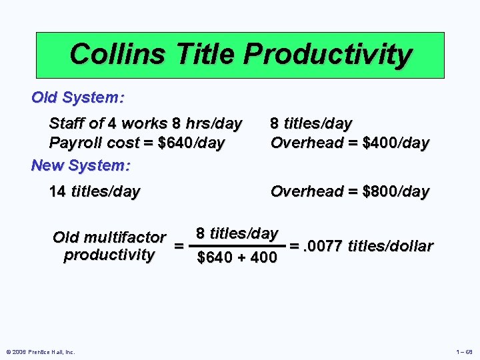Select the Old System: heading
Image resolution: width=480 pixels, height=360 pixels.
pyautogui.click(x=77, y=97)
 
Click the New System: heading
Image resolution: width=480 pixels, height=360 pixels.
pyautogui.click(x=81, y=164)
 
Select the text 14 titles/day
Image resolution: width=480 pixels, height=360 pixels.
pyautogui.click(x=95, y=192)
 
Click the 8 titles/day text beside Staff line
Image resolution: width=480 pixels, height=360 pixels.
pyautogui.click(x=311, y=123)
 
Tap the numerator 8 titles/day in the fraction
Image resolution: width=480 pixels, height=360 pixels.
pyautogui.click(x=237, y=233)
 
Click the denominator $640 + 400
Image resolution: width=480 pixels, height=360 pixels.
pyautogui.click(x=237, y=257)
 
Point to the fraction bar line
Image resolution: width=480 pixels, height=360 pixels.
pyautogui.click(x=237, y=245)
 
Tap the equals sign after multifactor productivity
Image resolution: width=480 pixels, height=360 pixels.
pyautogui.click(x=179, y=246)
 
